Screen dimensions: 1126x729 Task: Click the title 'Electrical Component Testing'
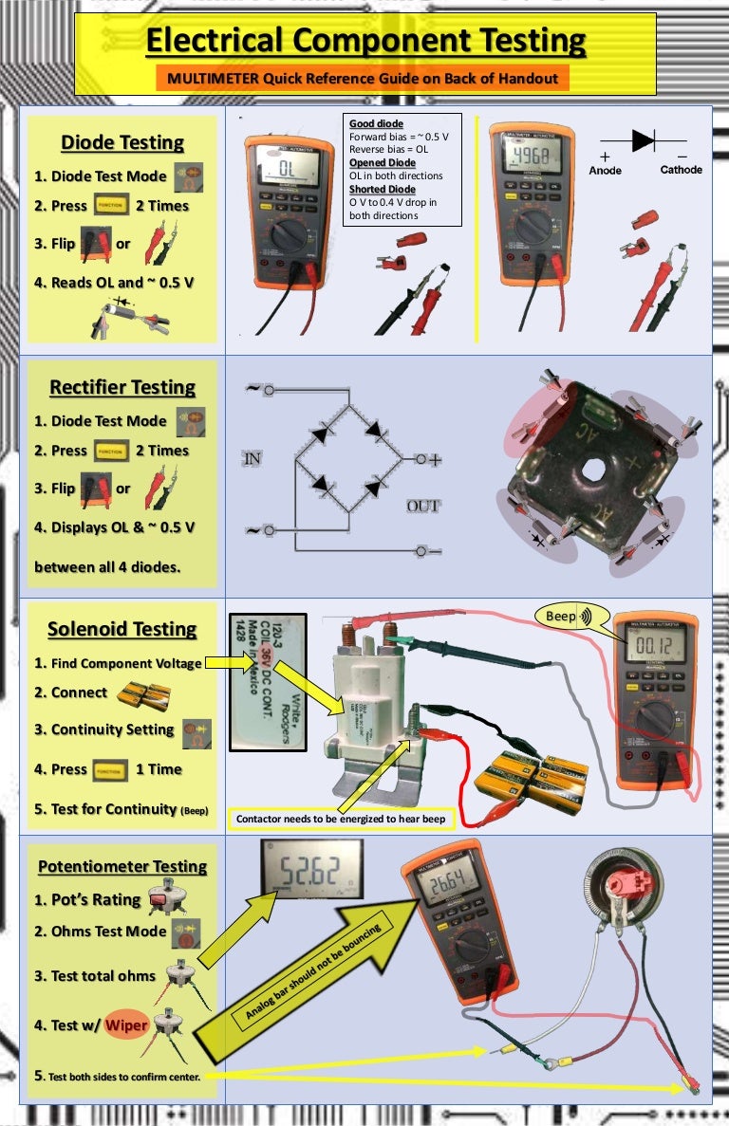(x=365, y=41)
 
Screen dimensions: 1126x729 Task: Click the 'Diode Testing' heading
(x=122, y=142)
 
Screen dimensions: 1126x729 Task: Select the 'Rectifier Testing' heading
(x=122, y=387)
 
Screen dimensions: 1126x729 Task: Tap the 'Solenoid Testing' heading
(x=122, y=629)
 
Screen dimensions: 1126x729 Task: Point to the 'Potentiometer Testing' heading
(x=122, y=866)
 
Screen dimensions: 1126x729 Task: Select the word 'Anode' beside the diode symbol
(x=605, y=170)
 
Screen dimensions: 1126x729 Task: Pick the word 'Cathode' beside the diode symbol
(x=681, y=170)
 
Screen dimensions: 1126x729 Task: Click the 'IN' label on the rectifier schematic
(x=252, y=458)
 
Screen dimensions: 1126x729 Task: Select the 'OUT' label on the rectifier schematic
(x=422, y=506)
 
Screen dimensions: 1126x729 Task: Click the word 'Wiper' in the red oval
(x=125, y=1025)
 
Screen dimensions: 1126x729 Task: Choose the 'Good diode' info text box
(x=402, y=170)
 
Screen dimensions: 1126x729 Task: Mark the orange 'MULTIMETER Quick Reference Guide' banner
(x=363, y=78)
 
